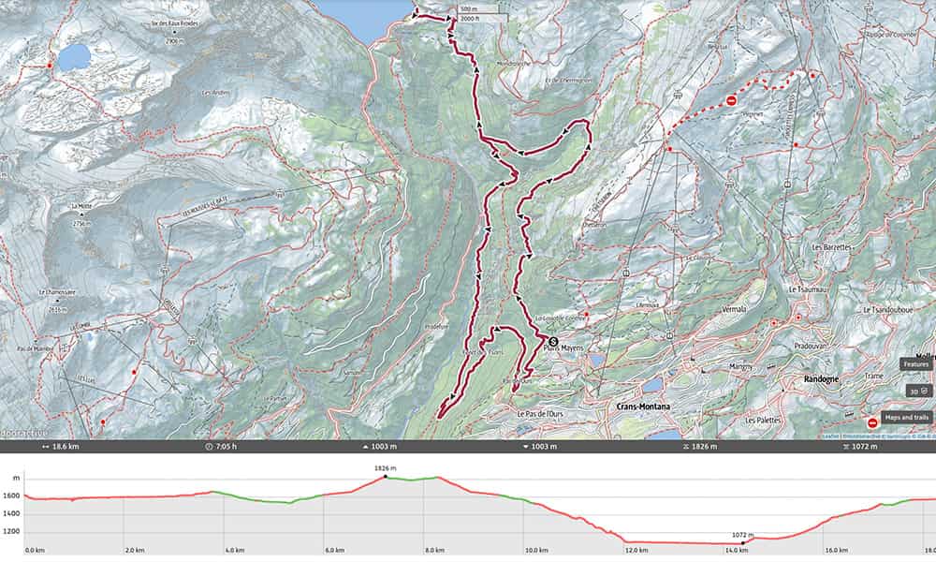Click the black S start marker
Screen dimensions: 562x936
[552, 342]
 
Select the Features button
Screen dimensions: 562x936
[915, 363]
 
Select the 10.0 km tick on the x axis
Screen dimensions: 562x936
[536, 551]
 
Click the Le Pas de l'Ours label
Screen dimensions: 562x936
[539, 412]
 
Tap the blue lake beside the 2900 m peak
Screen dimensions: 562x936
[73, 57]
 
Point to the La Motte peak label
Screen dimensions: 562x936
[79, 205]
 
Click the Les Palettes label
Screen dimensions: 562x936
[764, 421]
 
